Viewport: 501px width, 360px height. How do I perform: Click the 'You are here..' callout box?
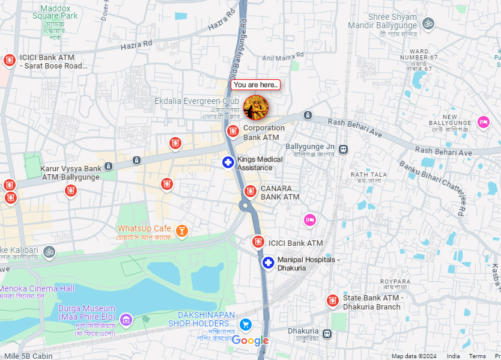[255, 85]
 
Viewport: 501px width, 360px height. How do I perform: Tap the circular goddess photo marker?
[256, 108]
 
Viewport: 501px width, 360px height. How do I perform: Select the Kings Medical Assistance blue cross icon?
[228, 162]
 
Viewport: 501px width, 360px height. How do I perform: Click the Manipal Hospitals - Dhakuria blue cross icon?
[268, 263]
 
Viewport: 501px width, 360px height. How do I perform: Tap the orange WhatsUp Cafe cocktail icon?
[182, 230]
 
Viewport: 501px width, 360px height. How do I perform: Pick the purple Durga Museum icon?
[126, 319]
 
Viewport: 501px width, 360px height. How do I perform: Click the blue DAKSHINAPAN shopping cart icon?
[245, 325]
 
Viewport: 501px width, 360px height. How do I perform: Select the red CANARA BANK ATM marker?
[251, 192]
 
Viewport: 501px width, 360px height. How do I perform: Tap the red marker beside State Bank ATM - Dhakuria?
[332, 300]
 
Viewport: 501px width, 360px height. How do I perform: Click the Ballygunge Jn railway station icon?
[343, 149]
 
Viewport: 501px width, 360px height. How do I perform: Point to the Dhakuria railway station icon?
[327, 334]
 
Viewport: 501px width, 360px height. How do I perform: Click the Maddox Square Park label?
[55, 12]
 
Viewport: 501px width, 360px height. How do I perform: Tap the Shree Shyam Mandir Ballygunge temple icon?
[428, 23]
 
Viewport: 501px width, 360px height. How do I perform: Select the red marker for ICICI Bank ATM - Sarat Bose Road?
[9, 60]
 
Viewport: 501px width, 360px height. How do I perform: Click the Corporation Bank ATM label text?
[263, 133]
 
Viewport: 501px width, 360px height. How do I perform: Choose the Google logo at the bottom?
[250, 341]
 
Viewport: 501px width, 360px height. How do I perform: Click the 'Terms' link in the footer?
[477, 356]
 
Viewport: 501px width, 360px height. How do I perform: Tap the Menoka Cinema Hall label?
[37, 288]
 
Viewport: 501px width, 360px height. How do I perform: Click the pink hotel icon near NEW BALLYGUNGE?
[483, 123]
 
